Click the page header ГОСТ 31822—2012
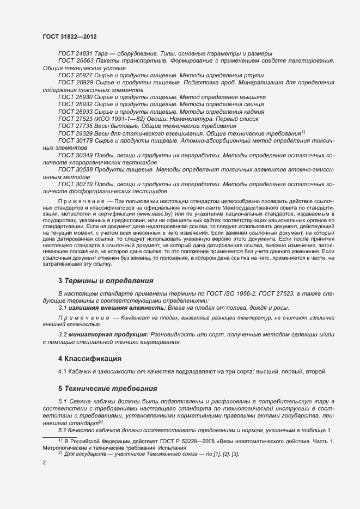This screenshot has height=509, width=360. (x=70, y=36)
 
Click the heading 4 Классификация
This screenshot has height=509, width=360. (x=89, y=359)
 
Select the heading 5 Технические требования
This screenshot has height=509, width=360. (x=107, y=389)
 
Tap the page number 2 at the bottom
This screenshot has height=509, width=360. (x=44, y=462)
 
